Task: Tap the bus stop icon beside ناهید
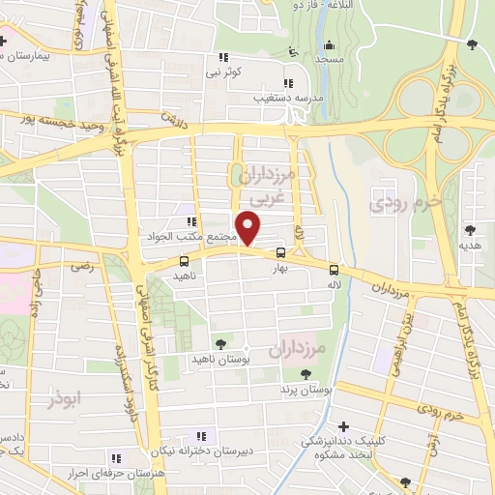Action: pyautogui.click(x=184, y=261)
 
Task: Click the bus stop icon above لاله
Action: pyautogui.click(x=334, y=270)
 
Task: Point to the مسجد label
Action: pyautogui.click(x=329, y=59)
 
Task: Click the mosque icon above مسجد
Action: pyautogui.click(x=329, y=44)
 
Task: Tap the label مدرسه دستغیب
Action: pyautogui.click(x=284, y=97)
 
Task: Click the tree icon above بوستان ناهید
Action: pyautogui.click(x=221, y=343)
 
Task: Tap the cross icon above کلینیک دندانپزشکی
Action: pyautogui.click(x=344, y=426)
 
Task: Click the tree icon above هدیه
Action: pyautogui.click(x=470, y=230)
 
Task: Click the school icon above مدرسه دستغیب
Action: pyautogui.click(x=286, y=81)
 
